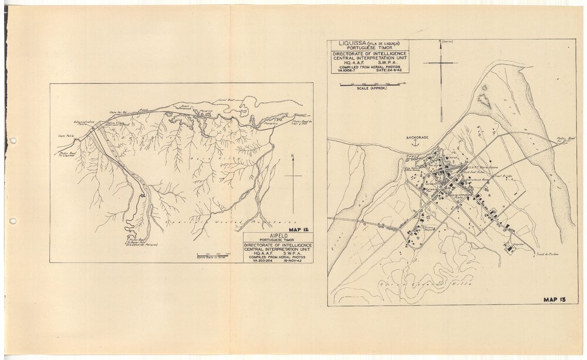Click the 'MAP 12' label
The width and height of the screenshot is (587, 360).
pos(299,230)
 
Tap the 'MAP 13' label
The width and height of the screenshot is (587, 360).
pos(558,300)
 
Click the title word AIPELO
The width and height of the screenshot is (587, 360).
pos(278,237)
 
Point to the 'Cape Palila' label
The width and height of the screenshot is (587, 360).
pos(65,134)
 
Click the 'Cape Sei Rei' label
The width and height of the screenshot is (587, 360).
pos(119,112)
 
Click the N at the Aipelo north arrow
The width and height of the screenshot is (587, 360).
pos(292,156)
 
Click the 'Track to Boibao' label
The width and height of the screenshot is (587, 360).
pos(547,254)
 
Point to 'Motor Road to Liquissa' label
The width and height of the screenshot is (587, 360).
pos(66,154)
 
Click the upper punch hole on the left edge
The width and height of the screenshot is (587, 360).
pos(12,141)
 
